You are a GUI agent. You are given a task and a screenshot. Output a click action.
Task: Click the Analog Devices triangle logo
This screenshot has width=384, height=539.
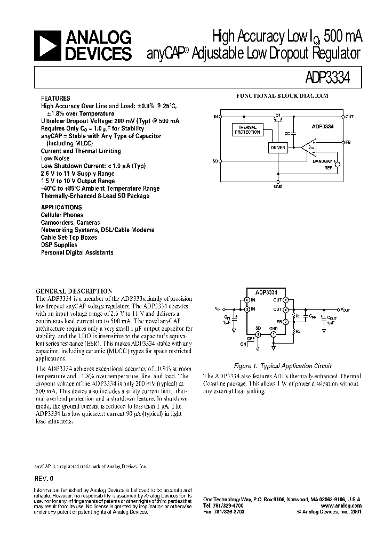(49, 45)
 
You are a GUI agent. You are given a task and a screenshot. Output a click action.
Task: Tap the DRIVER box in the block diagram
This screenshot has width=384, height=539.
(278, 148)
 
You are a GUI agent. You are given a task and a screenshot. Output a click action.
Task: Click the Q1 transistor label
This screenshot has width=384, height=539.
(278, 114)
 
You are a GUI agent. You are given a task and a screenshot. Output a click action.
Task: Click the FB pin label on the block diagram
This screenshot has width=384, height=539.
(348, 143)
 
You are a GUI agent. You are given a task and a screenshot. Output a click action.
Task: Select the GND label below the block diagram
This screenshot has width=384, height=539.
(278, 187)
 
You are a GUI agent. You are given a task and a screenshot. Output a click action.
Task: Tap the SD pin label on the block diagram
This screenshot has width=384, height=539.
(215, 160)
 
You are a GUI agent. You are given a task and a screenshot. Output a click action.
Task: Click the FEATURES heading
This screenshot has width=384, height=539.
(55, 99)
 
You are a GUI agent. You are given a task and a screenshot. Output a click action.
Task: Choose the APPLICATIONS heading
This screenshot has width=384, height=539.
(61, 207)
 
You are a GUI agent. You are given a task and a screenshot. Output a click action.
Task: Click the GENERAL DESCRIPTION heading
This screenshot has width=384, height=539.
(74, 291)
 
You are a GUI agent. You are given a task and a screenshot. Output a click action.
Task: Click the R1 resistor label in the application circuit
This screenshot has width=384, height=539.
(298, 316)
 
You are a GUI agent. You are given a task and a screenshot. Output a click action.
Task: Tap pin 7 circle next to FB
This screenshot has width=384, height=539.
(285, 322)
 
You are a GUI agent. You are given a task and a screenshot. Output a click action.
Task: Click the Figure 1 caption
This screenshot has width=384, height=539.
(284, 366)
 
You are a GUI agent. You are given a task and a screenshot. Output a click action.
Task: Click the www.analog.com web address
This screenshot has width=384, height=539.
(342, 505)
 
